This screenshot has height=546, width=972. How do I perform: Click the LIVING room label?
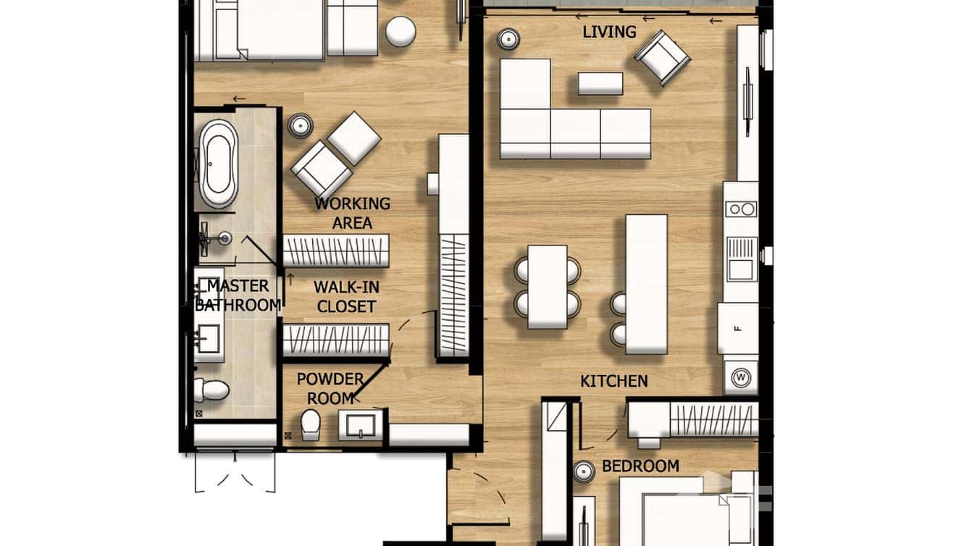610,32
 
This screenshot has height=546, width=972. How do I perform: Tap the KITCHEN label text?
613,381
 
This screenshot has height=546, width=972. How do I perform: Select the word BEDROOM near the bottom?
640,466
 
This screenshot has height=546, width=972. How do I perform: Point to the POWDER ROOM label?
330,388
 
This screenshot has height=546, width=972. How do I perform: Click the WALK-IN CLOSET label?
346,297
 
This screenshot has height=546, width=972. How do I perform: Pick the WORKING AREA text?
352,213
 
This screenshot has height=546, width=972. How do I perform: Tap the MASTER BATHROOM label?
238,295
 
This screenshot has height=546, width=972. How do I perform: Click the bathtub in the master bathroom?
218,164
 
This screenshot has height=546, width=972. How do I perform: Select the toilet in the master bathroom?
211,390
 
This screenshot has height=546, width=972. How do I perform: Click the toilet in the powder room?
311,424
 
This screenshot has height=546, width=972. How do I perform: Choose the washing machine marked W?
740,377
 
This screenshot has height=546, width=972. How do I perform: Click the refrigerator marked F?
737,328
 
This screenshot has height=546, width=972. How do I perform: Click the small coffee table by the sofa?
600,83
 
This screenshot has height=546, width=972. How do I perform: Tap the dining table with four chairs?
548,286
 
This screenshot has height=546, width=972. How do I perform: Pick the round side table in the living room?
508,38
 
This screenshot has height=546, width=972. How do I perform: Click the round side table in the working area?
299,126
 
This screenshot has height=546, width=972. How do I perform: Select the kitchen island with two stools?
646,284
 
